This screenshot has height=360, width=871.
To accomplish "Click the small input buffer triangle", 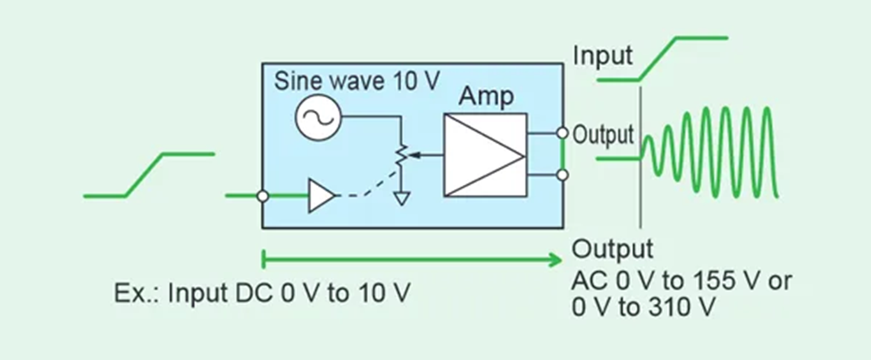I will (x=321, y=196).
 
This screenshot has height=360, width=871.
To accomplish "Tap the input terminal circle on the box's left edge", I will (x=263, y=196).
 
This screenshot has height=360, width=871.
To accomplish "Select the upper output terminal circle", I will (x=562, y=133).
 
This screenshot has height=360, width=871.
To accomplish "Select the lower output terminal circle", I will (x=562, y=175).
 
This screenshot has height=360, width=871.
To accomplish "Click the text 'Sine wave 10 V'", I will (x=357, y=81).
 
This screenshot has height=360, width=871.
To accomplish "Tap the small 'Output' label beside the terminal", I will (x=603, y=136).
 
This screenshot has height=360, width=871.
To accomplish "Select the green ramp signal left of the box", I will (x=147, y=174).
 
